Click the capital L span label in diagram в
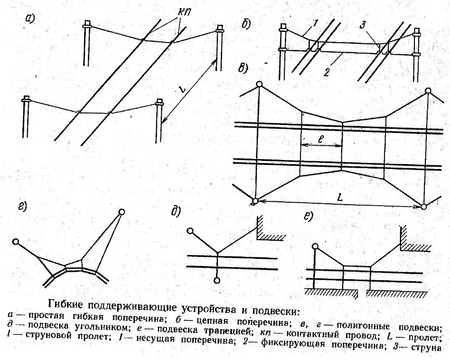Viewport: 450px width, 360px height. coord(340,198)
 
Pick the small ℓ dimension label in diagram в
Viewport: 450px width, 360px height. coord(321,140)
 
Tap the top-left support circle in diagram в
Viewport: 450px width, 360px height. coord(260,85)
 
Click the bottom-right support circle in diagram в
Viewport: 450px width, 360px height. coord(423,207)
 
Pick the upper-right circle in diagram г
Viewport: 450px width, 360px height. coord(122,212)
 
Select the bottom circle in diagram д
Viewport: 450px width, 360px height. coord(217,280)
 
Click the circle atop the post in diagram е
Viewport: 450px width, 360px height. coord(315,246)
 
